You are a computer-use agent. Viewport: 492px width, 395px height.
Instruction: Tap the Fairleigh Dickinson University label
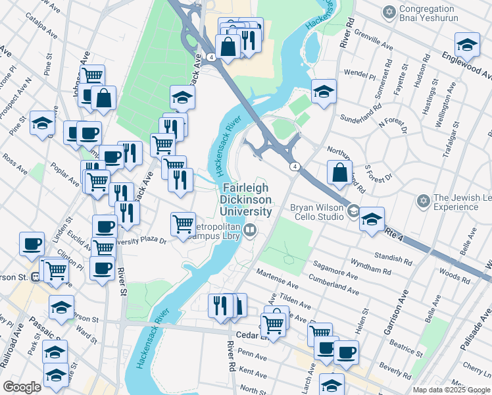pyautogui.click(x=246, y=199)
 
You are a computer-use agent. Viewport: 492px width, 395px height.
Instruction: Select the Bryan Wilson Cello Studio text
pyautogui.click(x=317, y=212)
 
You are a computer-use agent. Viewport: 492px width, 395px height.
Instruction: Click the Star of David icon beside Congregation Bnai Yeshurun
pyautogui.click(x=389, y=12)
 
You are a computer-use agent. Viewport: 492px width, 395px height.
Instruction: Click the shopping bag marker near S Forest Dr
pyautogui.click(x=339, y=173)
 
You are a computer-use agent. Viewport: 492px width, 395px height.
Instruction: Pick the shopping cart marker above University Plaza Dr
pyautogui.click(x=183, y=224)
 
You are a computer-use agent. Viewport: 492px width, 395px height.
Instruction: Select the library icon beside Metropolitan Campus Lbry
pyautogui.click(x=250, y=230)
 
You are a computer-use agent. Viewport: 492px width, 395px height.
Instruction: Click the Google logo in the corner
pyautogui.click(x=22, y=387)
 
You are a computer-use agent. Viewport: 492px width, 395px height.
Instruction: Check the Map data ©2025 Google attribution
pyautogui.click(x=451, y=390)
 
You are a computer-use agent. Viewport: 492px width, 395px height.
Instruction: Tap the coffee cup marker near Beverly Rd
pyautogui.click(x=346, y=352)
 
